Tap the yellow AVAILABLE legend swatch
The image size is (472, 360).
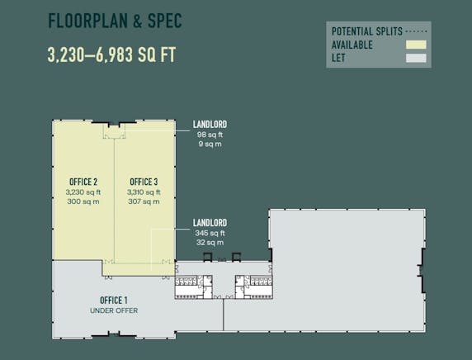pos(416,45)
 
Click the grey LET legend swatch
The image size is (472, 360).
pos(416,58)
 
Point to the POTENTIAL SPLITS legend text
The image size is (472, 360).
pos(367,31)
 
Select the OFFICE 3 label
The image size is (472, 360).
pos(144,182)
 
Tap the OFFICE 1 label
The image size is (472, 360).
pos(114,300)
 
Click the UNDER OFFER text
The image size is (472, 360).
pos(114,310)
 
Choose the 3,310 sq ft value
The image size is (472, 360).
pos(144,192)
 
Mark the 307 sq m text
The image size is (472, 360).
pos(144,201)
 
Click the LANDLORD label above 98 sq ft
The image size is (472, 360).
pos(210,125)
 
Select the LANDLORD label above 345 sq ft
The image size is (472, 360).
pos(210,223)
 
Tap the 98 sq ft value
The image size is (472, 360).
pos(210,134)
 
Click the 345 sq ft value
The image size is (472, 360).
pos(210,233)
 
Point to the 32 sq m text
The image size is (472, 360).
pos(210,242)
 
